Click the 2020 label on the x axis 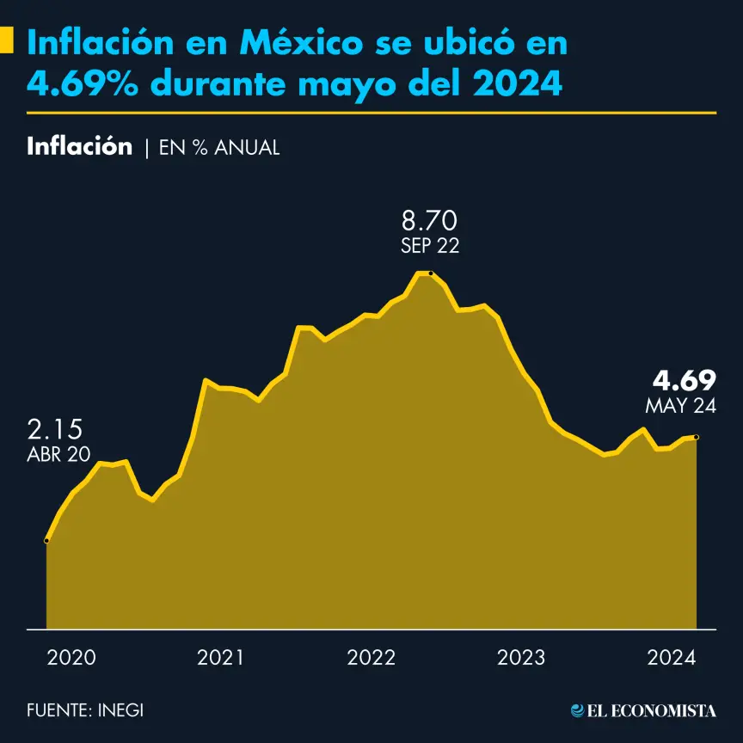click(x=71, y=658)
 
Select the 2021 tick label click(x=221, y=658)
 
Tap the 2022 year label click(x=371, y=658)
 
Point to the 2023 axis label click(x=521, y=658)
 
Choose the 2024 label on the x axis click(x=671, y=658)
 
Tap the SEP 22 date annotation click(x=429, y=246)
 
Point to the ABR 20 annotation click(x=58, y=455)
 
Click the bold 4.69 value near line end click(x=684, y=380)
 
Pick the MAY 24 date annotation click(x=680, y=406)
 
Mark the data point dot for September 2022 click(x=430, y=273)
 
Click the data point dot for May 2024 click(x=696, y=438)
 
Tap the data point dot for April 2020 click(x=46, y=540)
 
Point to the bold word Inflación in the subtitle click(x=80, y=146)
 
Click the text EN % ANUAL click(x=219, y=147)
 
